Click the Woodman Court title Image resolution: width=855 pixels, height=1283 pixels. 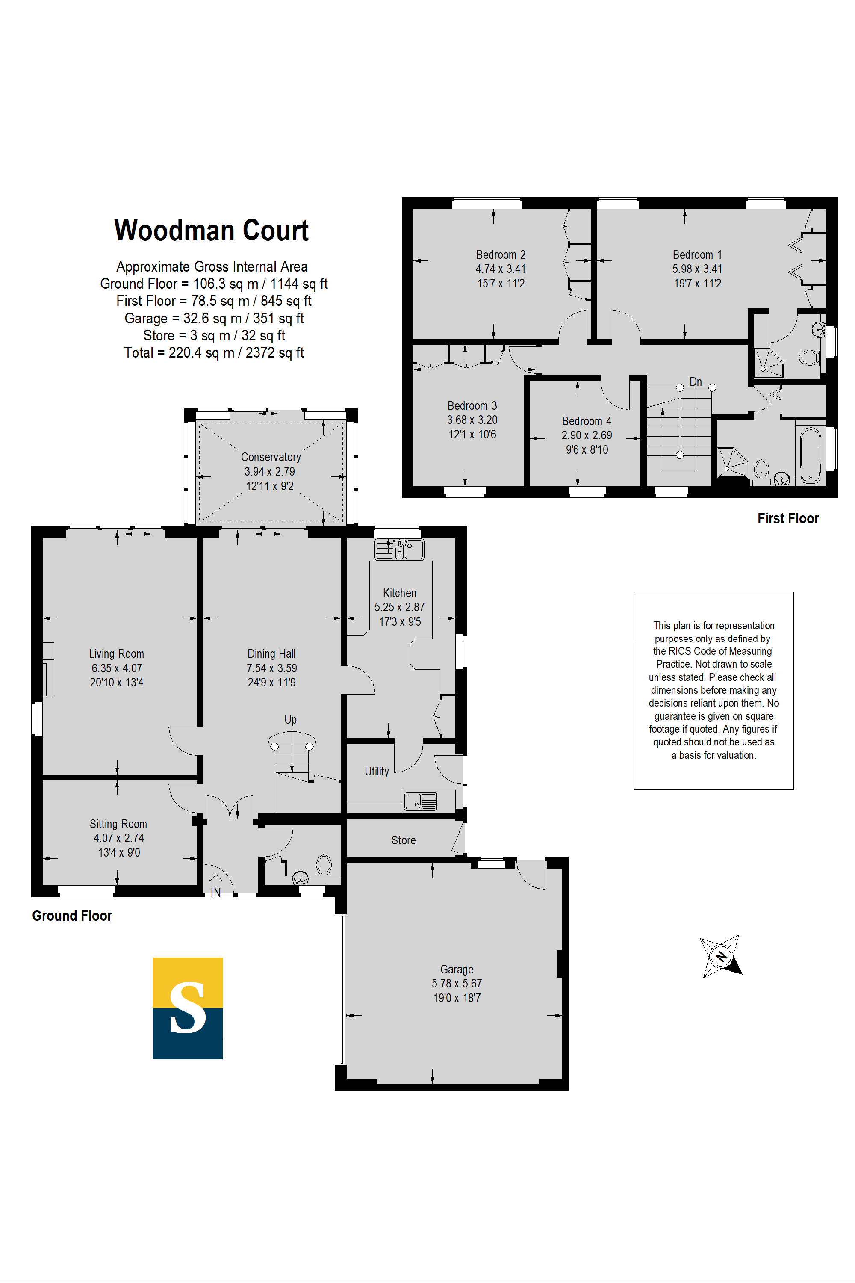coord(211,230)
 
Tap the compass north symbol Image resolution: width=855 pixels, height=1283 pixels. coord(721,956)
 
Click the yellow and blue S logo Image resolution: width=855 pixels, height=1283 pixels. coord(188,1008)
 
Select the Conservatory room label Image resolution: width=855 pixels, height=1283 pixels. coord(271,457)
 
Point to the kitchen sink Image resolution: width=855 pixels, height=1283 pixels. coord(399,549)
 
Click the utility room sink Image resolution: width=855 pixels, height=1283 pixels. coord(420,801)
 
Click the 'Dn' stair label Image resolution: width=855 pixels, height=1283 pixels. coord(696,382)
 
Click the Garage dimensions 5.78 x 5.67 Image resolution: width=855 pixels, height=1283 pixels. coord(457,984)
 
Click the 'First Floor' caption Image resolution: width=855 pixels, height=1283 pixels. coord(788,519)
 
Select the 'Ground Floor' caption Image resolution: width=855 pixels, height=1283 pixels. coord(72,916)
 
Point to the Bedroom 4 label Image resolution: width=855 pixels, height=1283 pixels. coord(587,421)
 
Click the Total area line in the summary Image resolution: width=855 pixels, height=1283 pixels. coord(214,353)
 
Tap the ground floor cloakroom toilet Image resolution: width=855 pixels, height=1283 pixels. coord(324,865)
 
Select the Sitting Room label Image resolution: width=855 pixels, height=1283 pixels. coord(118,824)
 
